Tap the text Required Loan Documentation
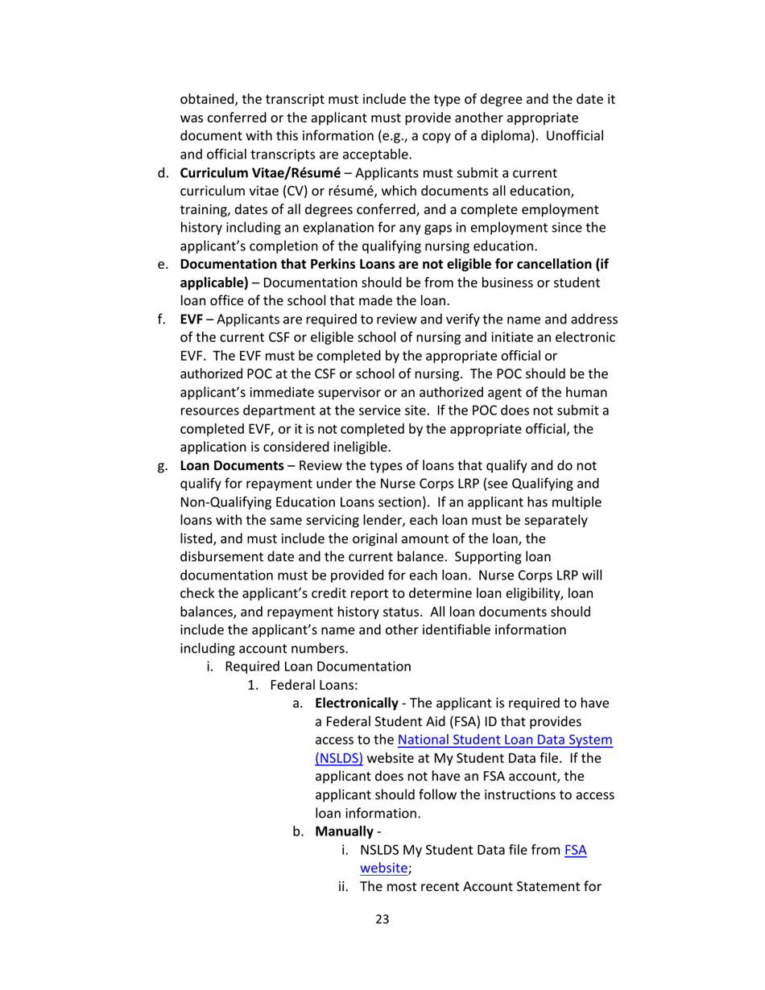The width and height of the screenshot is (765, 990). tap(318, 666)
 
